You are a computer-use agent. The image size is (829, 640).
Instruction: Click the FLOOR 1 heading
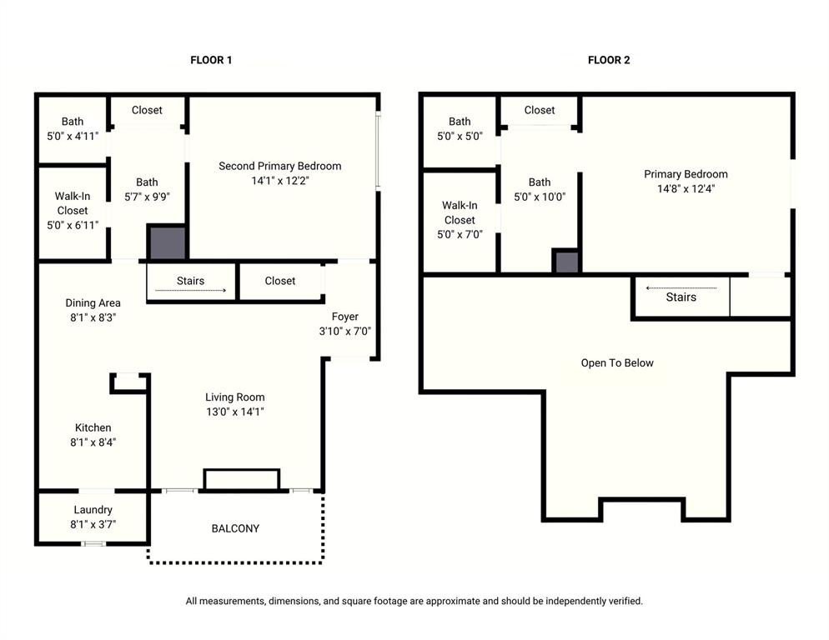(211, 60)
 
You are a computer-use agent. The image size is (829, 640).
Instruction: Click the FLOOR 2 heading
(609, 60)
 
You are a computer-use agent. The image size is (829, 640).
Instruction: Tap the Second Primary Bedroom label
(279, 166)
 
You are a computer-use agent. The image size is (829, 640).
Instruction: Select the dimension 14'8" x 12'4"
(686, 188)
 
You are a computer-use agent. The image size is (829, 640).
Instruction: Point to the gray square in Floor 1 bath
(166, 242)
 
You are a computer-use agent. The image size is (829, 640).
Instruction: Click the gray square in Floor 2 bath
(566, 262)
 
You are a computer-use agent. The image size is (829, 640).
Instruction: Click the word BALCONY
(235, 528)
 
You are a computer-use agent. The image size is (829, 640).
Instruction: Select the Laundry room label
(93, 510)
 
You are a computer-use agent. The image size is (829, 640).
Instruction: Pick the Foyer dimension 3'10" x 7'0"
(344, 331)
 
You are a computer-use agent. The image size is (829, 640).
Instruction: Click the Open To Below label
(617, 363)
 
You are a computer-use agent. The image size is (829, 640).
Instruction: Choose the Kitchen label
(93, 427)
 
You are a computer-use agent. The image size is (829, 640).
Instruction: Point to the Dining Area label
(93, 303)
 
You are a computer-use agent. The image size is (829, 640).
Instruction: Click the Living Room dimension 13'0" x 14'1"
(235, 412)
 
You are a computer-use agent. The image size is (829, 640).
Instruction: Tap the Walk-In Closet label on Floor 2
(460, 212)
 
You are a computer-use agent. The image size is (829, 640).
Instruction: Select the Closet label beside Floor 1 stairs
(279, 281)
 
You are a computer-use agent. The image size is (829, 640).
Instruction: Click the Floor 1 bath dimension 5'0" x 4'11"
(72, 136)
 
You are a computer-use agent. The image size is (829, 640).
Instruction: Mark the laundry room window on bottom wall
(93, 543)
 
